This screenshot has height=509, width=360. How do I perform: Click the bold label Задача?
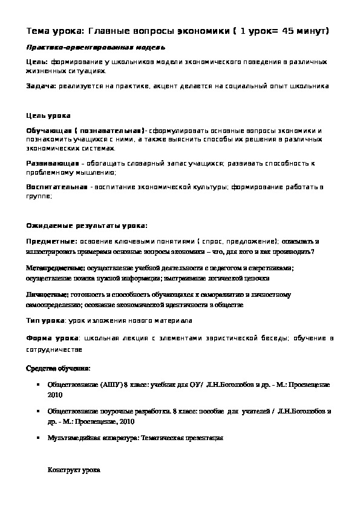(41, 86)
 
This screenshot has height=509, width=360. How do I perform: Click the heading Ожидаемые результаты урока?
(87, 225)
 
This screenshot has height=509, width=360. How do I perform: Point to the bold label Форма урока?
(50, 337)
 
